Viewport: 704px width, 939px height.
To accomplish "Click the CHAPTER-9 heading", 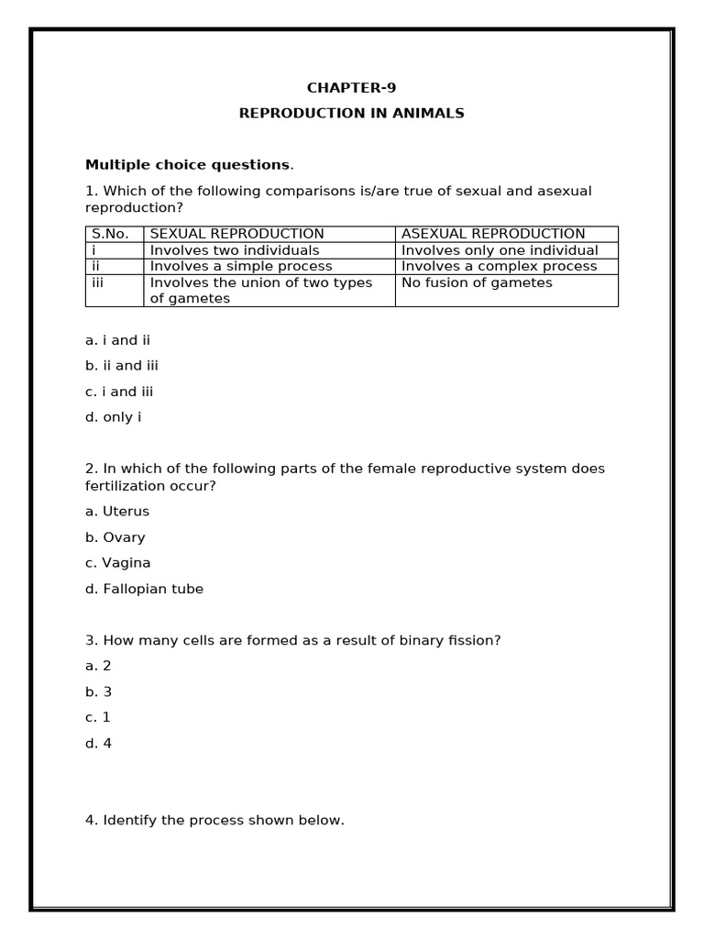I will [x=351, y=88].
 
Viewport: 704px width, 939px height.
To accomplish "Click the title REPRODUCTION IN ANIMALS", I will [x=351, y=114].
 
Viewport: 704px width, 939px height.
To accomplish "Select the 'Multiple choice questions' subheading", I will [x=188, y=165].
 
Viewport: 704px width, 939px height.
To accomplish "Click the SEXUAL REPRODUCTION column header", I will [x=236, y=234].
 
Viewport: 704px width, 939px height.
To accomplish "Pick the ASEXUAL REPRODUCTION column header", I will [x=493, y=234].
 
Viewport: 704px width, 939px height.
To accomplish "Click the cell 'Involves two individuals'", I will [x=235, y=250].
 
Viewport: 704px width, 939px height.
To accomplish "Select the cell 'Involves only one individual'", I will [x=500, y=250].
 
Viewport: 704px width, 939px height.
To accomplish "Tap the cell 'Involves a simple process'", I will [x=241, y=267].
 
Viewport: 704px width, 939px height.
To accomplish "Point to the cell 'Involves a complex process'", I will [x=499, y=267].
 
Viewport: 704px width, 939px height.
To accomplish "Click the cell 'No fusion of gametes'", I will [x=477, y=282].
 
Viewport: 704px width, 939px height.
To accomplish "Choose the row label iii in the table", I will [x=98, y=282].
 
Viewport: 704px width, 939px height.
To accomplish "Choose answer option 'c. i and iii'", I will [x=119, y=392].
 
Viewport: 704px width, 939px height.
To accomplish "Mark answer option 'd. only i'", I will [x=114, y=417].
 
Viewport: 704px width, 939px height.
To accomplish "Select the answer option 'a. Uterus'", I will [x=117, y=512].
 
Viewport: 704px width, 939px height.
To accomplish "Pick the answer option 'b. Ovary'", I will [x=115, y=537].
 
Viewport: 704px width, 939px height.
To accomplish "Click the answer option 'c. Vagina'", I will [x=118, y=563].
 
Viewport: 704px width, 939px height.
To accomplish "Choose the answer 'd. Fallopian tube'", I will [x=145, y=589].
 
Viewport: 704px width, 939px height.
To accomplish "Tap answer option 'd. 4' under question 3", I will [x=99, y=744].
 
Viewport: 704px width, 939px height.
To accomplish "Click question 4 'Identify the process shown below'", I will [x=214, y=821].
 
